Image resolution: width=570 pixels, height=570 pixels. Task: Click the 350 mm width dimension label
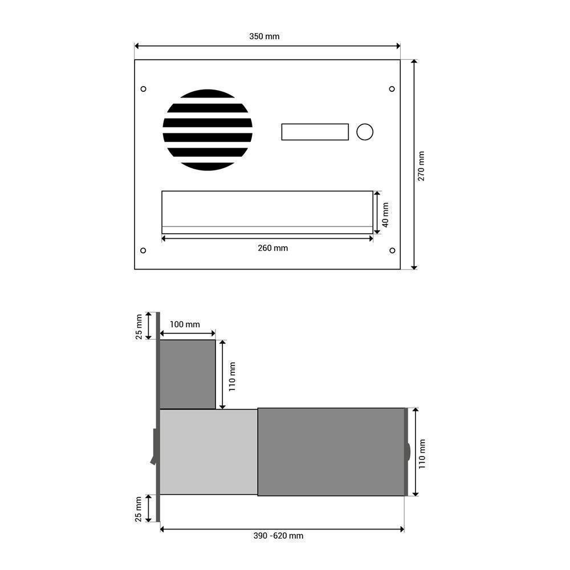click(x=264, y=36)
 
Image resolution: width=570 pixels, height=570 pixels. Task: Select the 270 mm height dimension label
click(x=421, y=166)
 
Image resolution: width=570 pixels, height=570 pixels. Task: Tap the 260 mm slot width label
click(x=272, y=248)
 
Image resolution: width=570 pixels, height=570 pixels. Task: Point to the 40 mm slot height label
click(x=385, y=214)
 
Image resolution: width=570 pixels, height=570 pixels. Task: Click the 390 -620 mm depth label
click(x=278, y=536)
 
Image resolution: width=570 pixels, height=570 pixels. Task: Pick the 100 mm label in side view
click(x=185, y=324)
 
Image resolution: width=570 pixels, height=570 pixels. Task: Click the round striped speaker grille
click(x=207, y=130)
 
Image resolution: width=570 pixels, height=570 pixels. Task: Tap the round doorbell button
click(x=365, y=132)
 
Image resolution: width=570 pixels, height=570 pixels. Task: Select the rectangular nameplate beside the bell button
click(x=315, y=132)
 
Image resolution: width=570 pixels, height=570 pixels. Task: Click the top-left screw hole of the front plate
click(x=143, y=89)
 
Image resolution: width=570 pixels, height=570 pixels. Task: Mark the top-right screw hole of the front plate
click(x=392, y=89)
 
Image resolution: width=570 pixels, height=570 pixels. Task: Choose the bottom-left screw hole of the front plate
click(x=143, y=250)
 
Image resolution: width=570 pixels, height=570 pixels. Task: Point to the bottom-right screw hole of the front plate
click(x=392, y=250)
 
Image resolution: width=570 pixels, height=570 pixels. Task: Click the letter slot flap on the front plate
click(x=267, y=211)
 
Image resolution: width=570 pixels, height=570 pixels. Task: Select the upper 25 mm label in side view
click(x=139, y=326)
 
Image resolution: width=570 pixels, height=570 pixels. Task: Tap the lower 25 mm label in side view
click(x=139, y=508)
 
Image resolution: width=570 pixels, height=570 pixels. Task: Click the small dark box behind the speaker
click(x=188, y=374)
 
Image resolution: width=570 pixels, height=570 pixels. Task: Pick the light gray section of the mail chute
click(x=208, y=451)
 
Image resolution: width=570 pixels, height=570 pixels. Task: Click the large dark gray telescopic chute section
click(x=331, y=451)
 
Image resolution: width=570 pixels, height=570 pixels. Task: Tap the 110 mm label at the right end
click(x=422, y=453)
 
